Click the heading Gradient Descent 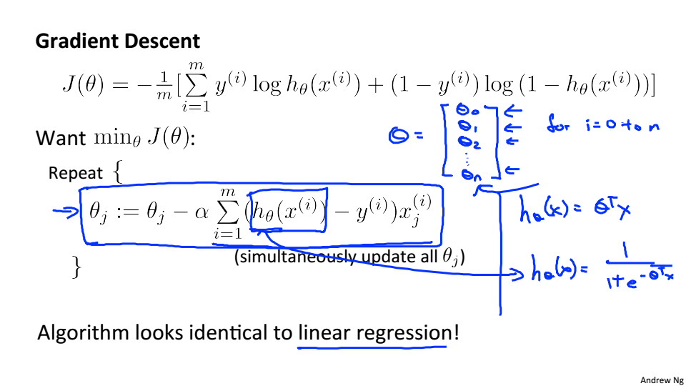pyautogui.click(x=118, y=41)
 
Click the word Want pyautogui.click(x=61, y=138)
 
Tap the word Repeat pyautogui.click(x=76, y=174)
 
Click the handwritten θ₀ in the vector pyautogui.click(x=465, y=111)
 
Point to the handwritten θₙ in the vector pyautogui.click(x=468, y=172)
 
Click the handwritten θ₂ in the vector pyautogui.click(x=470, y=142)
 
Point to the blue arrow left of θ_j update pyautogui.click(x=66, y=211)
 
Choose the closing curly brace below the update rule pyautogui.click(x=76, y=267)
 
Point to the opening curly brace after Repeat pyautogui.click(x=118, y=173)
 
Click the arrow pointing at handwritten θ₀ pyautogui.click(x=513, y=111)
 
